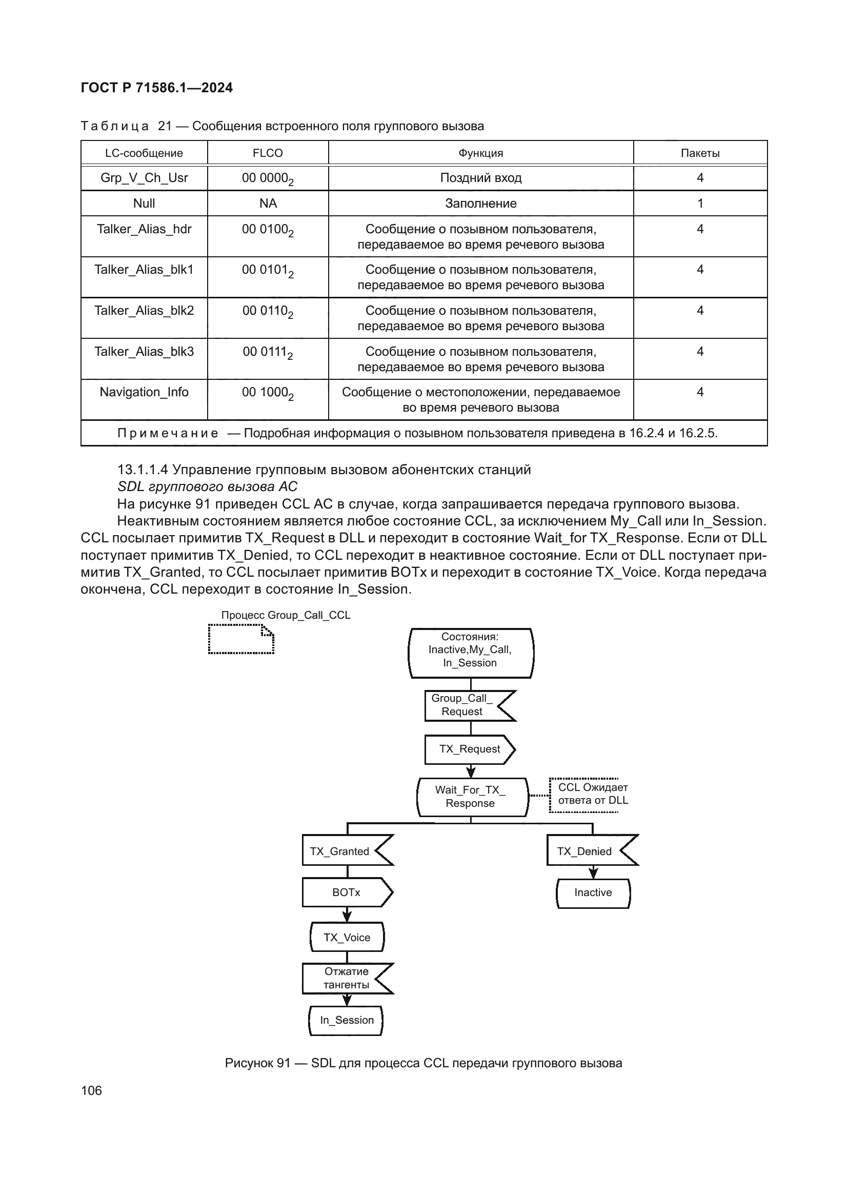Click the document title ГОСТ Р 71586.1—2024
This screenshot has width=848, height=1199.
[157, 88]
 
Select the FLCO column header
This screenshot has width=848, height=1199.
[267, 153]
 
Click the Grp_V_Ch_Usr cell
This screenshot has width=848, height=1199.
[144, 178]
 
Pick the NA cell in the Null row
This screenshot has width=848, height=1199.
[267, 204]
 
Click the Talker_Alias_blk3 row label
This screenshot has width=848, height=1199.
[144, 352]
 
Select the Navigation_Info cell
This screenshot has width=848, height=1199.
[144, 392]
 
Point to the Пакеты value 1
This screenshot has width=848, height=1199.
[700, 204]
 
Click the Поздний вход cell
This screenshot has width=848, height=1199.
[480, 178]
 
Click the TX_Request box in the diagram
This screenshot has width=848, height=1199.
[470, 749]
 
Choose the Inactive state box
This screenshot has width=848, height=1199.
[593, 892]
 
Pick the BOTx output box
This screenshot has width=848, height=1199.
[346, 892]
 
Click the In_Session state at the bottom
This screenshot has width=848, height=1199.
[347, 1021]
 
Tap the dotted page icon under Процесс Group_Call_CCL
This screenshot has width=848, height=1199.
[241, 639]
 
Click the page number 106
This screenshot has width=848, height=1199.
[91, 1090]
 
